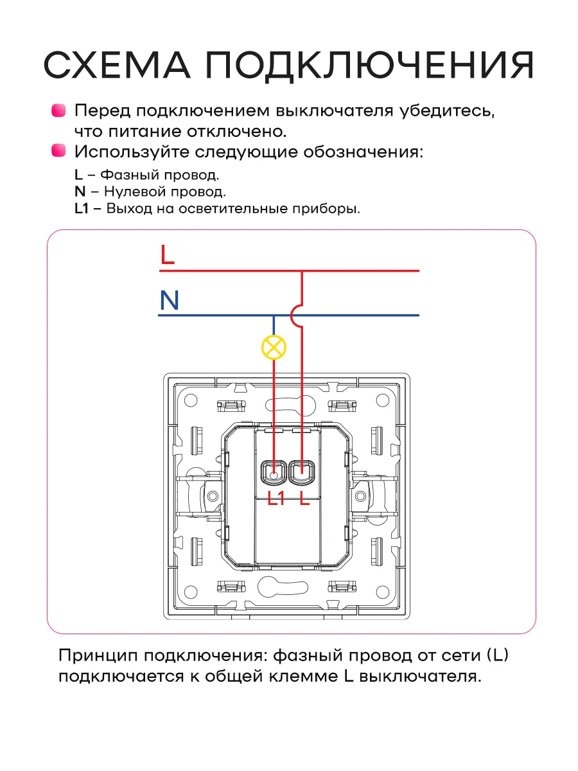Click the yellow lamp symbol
tap(274, 348)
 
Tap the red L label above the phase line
tap(168, 254)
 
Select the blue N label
tap(169, 300)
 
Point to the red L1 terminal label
tap(276, 498)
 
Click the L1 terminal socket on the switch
tap(274, 473)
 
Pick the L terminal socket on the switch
tap(302, 473)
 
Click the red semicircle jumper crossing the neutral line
tap(297, 315)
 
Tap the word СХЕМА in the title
tap(117, 65)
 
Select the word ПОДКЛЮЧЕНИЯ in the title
tap(369, 66)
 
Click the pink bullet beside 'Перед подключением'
tap(58, 111)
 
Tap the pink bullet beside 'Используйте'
tap(58, 150)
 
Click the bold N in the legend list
tap(80, 191)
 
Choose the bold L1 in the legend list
tap(82, 209)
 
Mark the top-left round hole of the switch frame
tap(191, 400)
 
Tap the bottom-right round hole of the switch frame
tap(383, 592)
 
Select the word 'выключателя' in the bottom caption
tap(420, 677)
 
